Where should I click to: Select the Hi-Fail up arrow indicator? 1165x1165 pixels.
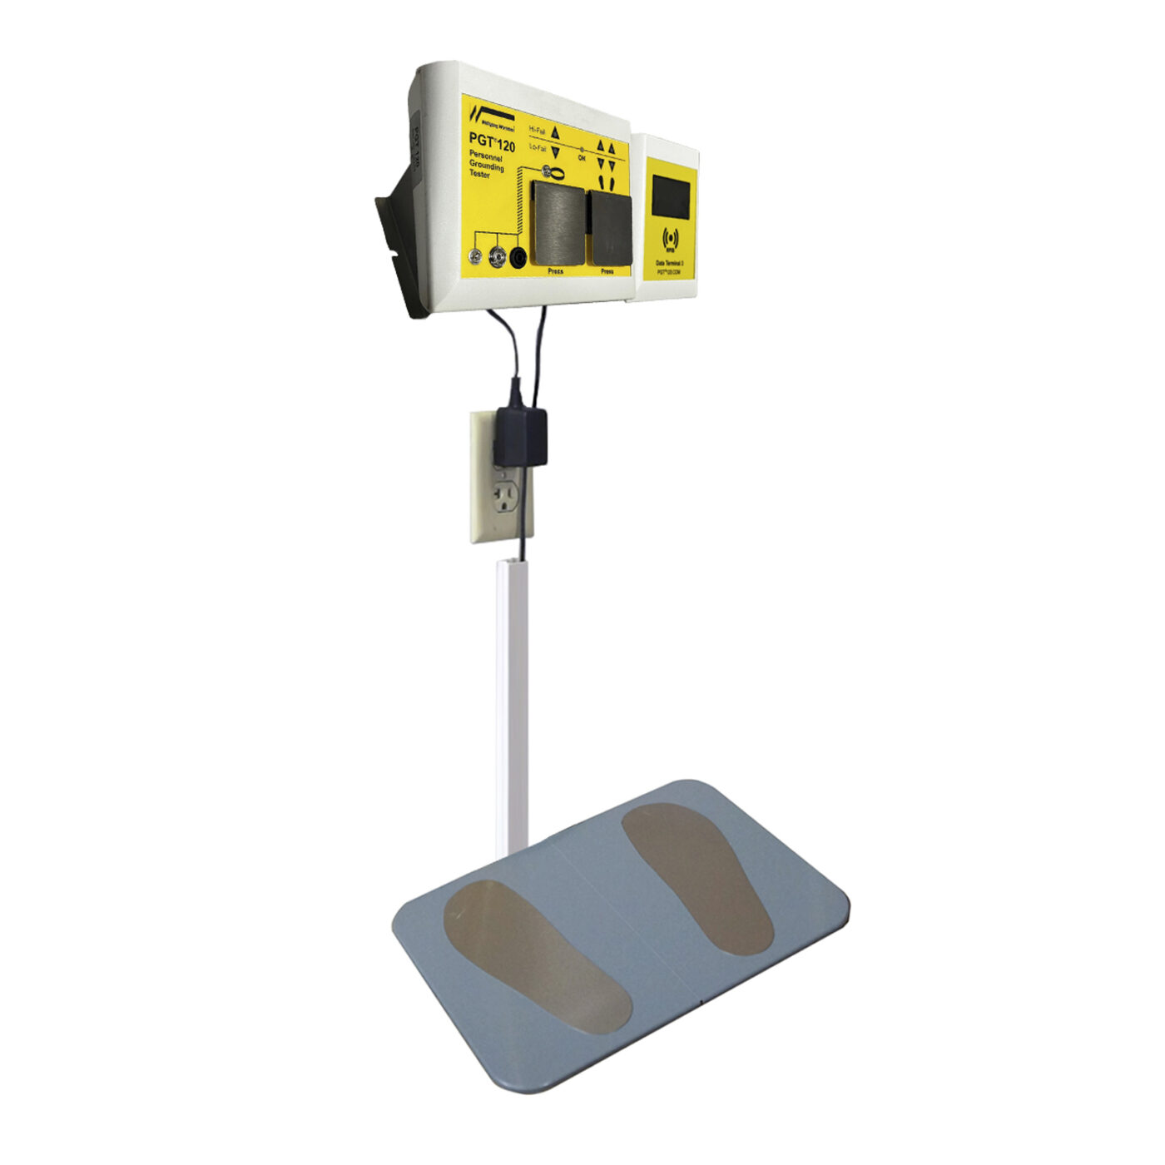556,131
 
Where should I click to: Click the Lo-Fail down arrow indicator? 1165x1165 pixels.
555,152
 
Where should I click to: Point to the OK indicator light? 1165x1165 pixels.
582,150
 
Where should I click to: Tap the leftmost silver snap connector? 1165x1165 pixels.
477,258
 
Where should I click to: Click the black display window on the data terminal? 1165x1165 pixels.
671,196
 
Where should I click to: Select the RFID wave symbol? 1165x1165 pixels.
670,240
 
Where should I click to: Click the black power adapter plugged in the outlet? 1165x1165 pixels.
520,436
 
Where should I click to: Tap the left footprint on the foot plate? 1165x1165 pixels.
536,955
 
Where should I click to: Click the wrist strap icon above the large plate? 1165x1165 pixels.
553,173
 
